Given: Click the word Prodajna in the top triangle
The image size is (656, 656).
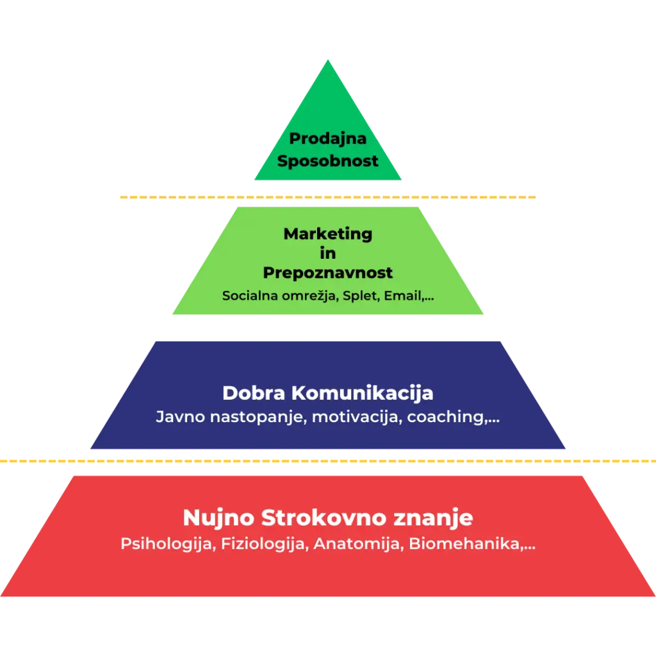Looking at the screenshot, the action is tap(327, 139).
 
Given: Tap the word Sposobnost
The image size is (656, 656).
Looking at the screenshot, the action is tap(327, 161).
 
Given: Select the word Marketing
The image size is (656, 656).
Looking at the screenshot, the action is tap(327, 234).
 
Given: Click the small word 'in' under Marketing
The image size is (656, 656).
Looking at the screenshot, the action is tap(327, 253).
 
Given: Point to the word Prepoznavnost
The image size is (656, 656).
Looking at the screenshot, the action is tap(327, 273).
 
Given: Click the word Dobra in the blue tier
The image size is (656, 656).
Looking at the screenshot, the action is tap(254, 393).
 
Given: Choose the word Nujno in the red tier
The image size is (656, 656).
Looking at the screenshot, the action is tap(219, 518).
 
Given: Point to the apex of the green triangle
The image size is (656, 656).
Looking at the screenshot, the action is tap(328, 60).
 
